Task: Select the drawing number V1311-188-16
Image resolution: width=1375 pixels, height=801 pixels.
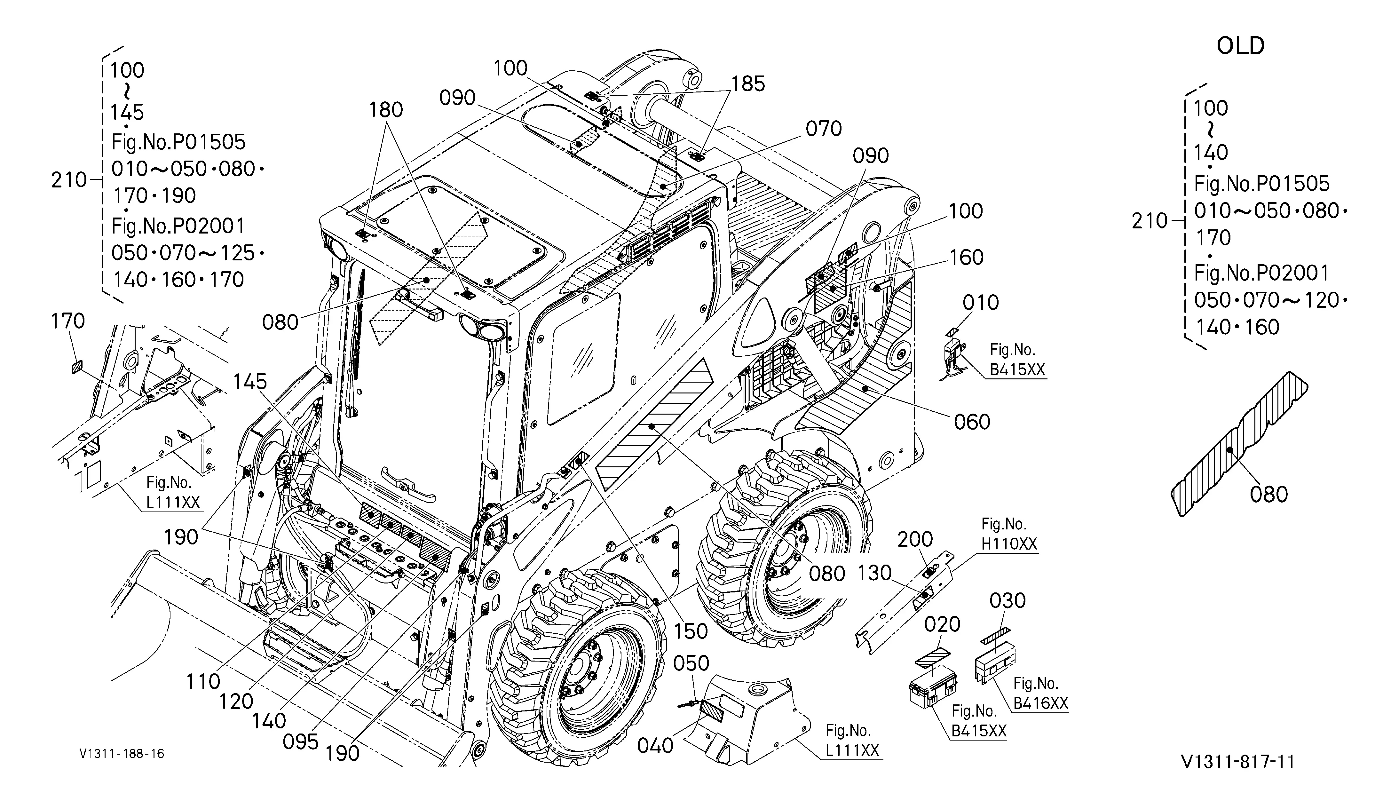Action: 122,754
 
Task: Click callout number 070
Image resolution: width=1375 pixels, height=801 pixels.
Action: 823,129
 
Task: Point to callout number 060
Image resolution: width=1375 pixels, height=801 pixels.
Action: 972,422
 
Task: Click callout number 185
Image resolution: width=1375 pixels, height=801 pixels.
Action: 748,84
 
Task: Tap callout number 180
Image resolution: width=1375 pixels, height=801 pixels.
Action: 386,110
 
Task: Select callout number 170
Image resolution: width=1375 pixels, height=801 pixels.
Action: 68,321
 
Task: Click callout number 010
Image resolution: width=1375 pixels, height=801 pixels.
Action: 981,302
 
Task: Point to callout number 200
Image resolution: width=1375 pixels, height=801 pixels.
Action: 915,540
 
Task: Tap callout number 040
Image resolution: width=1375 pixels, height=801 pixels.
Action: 655,745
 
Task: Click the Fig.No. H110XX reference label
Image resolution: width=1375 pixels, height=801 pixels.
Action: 1009,534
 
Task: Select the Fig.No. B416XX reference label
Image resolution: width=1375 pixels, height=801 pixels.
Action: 1040,694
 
